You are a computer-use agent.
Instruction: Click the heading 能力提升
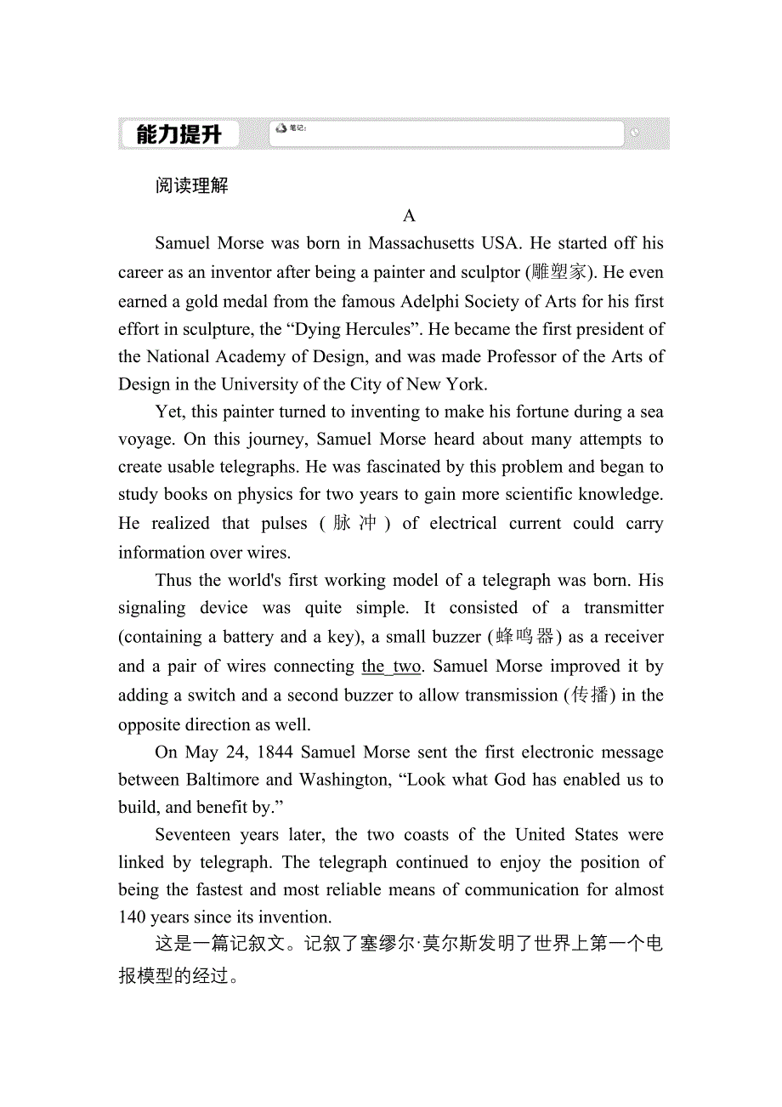click(x=178, y=134)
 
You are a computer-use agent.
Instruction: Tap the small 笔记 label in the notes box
click(x=297, y=128)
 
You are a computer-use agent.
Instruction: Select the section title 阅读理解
click(x=192, y=185)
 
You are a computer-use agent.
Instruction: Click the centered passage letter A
click(x=410, y=215)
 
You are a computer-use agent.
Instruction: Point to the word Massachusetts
click(x=422, y=243)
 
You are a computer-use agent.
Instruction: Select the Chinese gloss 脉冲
click(x=354, y=523)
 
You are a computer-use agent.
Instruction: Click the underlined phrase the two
click(x=391, y=667)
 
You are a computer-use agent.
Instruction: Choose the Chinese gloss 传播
click(x=590, y=695)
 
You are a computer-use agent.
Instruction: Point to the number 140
click(x=132, y=917)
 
